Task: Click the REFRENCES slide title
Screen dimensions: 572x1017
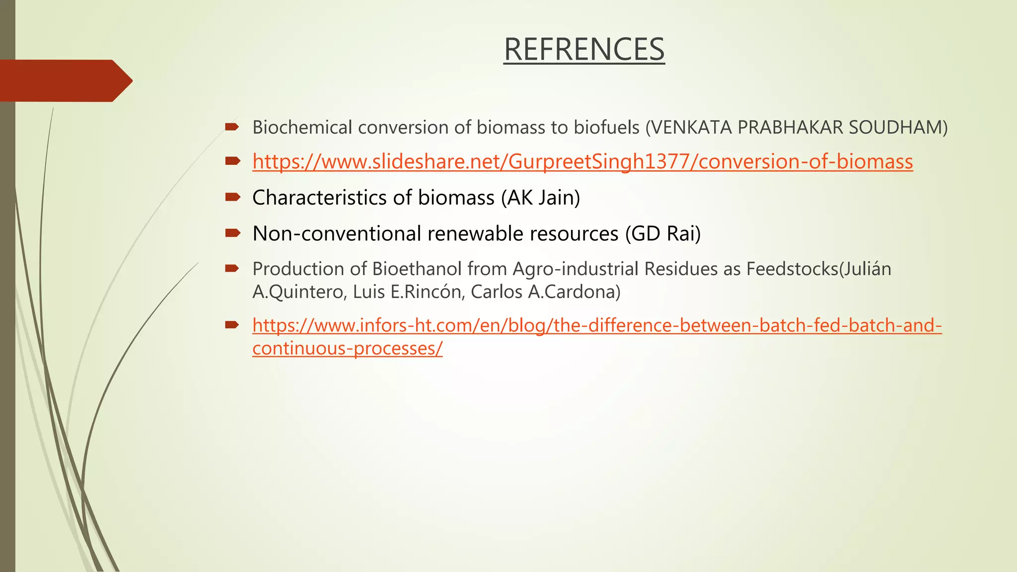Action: (584, 49)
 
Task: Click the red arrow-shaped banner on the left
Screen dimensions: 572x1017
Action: (65, 81)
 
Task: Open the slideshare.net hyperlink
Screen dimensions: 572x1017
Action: (582, 162)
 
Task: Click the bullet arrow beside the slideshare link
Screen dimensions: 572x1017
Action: (232, 161)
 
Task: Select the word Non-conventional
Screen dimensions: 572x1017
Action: (336, 233)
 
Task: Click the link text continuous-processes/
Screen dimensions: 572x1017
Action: (347, 349)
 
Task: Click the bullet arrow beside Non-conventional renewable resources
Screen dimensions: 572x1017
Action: (232, 232)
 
